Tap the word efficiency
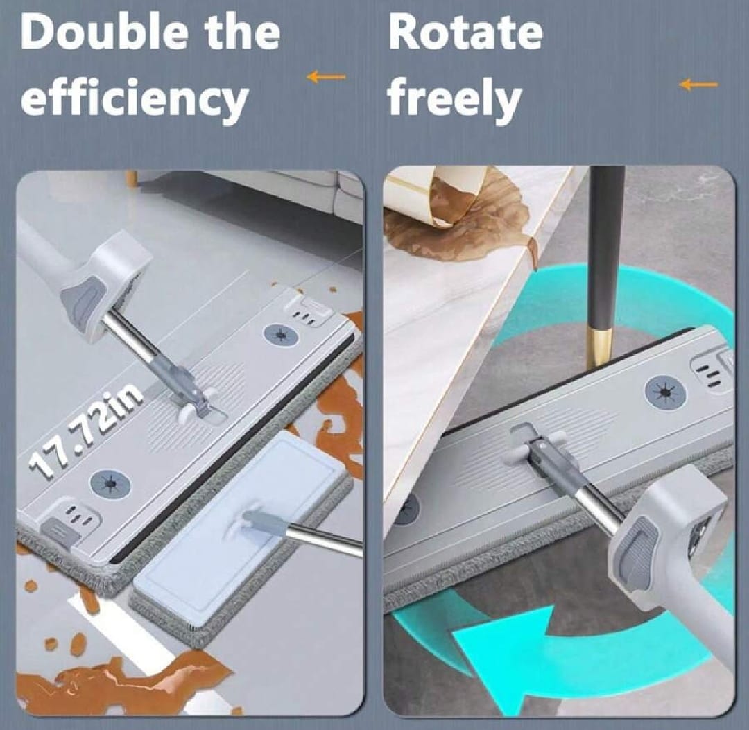tap(135, 100)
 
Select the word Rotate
tap(466, 33)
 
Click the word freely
tap(454, 100)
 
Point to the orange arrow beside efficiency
tap(326, 77)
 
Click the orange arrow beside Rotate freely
tap(698, 85)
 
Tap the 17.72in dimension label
tap(86, 431)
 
